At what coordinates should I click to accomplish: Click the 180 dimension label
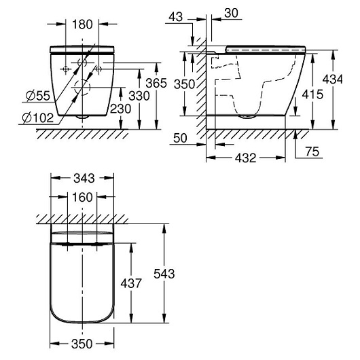pyautogui.click(x=82, y=24)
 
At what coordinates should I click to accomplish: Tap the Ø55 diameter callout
pyautogui.click(x=38, y=96)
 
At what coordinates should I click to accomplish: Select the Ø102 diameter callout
pyautogui.click(x=38, y=118)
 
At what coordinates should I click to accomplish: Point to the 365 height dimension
pyautogui.click(x=156, y=83)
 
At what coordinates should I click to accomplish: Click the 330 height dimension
pyautogui.click(x=139, y=96)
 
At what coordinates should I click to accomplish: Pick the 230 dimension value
pyautogui.click(x=120, y=109)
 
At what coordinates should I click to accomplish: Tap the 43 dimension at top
pyautogui.click(x=176, y=17)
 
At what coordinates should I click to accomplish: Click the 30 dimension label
pyautogui.click(x=231, y=14)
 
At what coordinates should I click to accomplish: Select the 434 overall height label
pyautogui.click(x=332, y=79)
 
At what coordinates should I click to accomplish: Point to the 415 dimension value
pyautogui.click(x=312, y=94)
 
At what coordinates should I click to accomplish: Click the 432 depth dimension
pyautogui.click(x=245, y=158)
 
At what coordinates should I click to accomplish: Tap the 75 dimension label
pyautogui.click(x=312, y=151)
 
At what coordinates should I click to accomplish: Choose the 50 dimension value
pyautogui.click(x=180, y=138)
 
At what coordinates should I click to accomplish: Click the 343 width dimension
pyautogui.click(x=84, y=179)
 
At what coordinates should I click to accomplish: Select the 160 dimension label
pyautogui.click(x=82, y=197)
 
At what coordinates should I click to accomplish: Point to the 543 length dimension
pyautogui.click(x=164, y=274)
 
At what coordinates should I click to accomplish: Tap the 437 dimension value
pyautogui.click(x=131, y=283)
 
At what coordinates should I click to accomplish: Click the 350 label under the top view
pyautogui.click(x=82, y=344)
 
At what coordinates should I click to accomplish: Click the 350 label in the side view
pyautogui.click(x=184, y=84)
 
